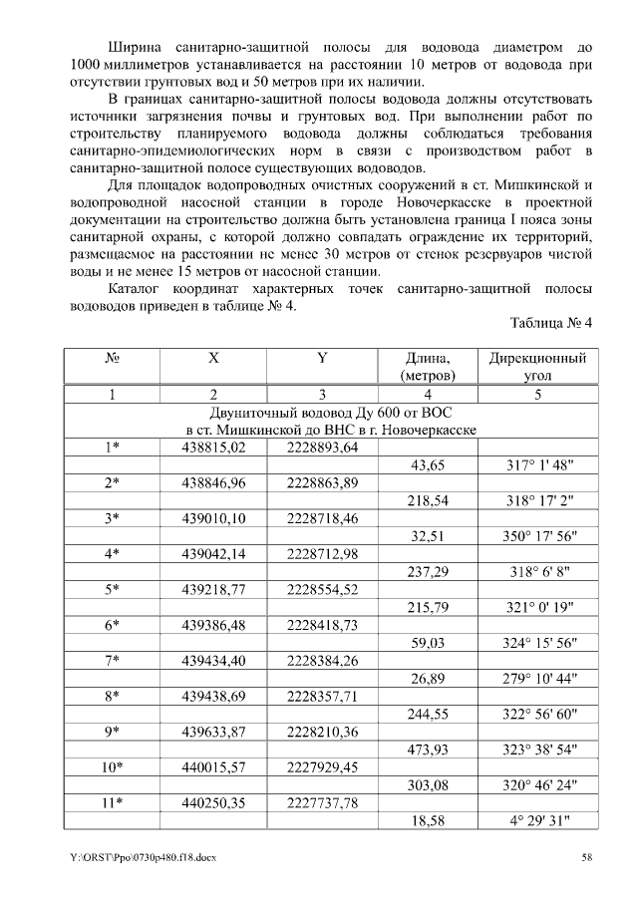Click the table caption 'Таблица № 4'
point(550,324)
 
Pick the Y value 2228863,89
point(322,481)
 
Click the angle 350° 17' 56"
point(537,535)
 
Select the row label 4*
point(113,553)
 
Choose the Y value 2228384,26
point(322,661)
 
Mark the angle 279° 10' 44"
point(537,679)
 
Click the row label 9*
point(113,733)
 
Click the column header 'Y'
point(322,358)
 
